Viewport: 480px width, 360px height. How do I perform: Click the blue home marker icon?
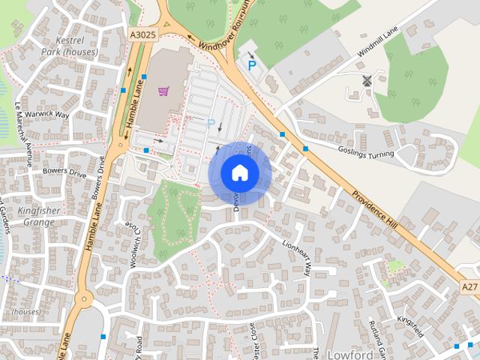(239, 172)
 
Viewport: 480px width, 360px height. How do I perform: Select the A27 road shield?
(469, 286)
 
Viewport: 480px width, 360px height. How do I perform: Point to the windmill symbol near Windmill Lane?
(367, 80)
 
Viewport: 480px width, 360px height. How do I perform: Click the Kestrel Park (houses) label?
(70, 46)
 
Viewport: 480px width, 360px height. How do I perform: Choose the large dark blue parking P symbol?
(252, 66)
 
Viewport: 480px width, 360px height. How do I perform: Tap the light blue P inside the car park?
(211, 123)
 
